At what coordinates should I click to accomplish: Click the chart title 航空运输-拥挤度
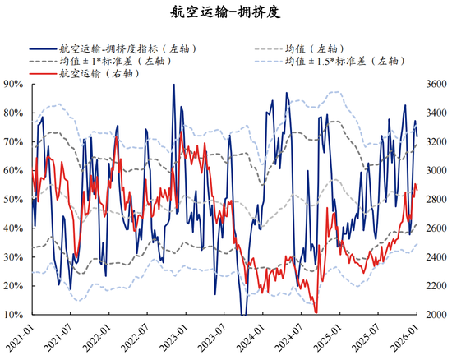pyautogui.click(x=225, y=12)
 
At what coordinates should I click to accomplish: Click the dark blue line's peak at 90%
pyautogui.click(x=173, y=85)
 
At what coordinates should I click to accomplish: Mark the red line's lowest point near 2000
pyautogui.click(x=316, y=312)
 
